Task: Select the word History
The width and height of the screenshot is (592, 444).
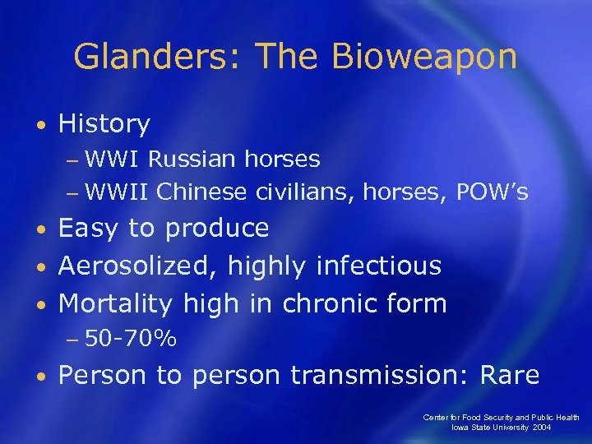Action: click(104, 124)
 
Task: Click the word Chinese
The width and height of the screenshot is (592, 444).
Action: click(201, 192)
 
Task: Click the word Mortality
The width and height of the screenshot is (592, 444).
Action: click(116, 303)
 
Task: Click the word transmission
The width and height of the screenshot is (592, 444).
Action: click(377, 376)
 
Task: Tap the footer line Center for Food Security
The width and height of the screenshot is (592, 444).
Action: click(502, 418)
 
